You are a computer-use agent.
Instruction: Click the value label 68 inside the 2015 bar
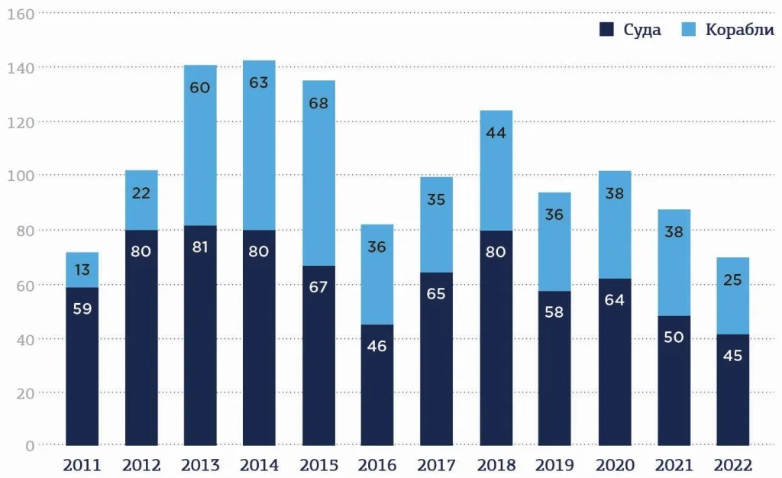pyautogui.click(x=318, y=103)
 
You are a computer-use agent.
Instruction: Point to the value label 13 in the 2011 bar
pyautogui.click(x=82, y=270)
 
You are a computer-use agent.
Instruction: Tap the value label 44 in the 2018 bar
pyautogui.click(x=496, y=132)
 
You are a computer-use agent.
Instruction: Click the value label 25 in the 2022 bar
pyautogui.click(x=732, y=280)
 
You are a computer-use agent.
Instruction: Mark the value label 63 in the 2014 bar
pyautogui.click(x=259, y=82)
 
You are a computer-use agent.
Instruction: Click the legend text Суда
pyautogui.click(x=642, y=31)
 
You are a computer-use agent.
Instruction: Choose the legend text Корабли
pyautogui.click(x=739, y=31)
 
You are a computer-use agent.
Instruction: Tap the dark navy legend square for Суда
pyautogui.click(x=607, y=30)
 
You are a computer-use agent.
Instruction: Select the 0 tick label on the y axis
pyautogui.click(x=29, y=446)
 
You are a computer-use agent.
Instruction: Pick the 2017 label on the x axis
pyautogui.click(x=436, y=465)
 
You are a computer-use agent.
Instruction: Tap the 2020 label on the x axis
pyautogui.click(x=614, y=465)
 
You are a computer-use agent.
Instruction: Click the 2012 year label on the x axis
pyautogui.click(x=141, y=465)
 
